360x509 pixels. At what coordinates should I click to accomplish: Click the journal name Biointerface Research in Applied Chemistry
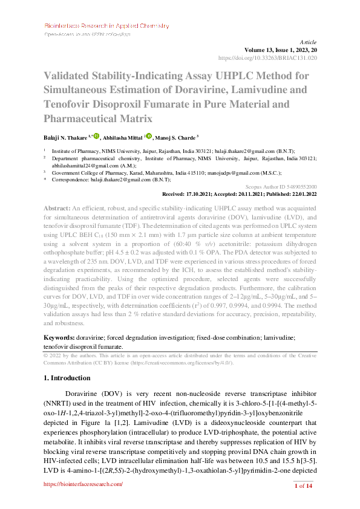pyautogui.click(x=106, y=26)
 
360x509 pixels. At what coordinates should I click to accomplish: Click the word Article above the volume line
pyautogui.click(x=308, y=42)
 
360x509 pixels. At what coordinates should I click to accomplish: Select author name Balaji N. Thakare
pyautogui.click(x=67, y=138)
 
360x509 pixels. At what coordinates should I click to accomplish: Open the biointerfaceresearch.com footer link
pyautogui.click(x=82, y=485)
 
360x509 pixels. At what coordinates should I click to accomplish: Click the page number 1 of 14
pyautogui.click(x=303, y=486)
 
